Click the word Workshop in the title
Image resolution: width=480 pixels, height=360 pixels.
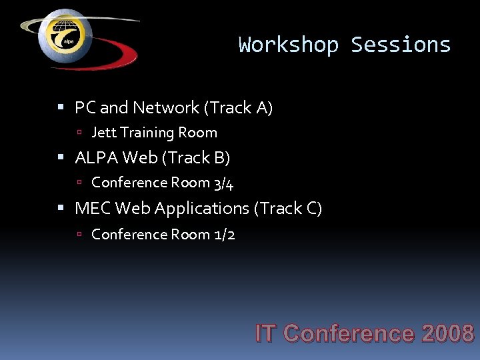click(x=288, y=45)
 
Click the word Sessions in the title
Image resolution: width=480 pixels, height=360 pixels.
click(x=401, y=45)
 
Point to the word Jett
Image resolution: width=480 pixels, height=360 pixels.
click(x=103, y=133)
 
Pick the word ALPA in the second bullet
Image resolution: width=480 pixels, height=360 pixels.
click(x=95, y=158)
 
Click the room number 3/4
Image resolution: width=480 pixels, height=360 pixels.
click(x=223, y=183)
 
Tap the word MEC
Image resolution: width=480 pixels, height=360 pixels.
click(x=93, y=209)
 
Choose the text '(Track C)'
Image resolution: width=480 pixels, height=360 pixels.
click(x=288, y=209)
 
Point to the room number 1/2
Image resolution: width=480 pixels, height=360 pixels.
click(x=224, y=234)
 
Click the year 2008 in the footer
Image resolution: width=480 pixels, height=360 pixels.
click(x=447, y=333)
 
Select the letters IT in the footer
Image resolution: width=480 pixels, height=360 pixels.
click(x=266, y=333)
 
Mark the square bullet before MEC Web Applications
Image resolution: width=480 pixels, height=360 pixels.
click(x=61, y=209)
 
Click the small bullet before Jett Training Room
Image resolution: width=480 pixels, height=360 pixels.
click(x=79, y=133)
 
